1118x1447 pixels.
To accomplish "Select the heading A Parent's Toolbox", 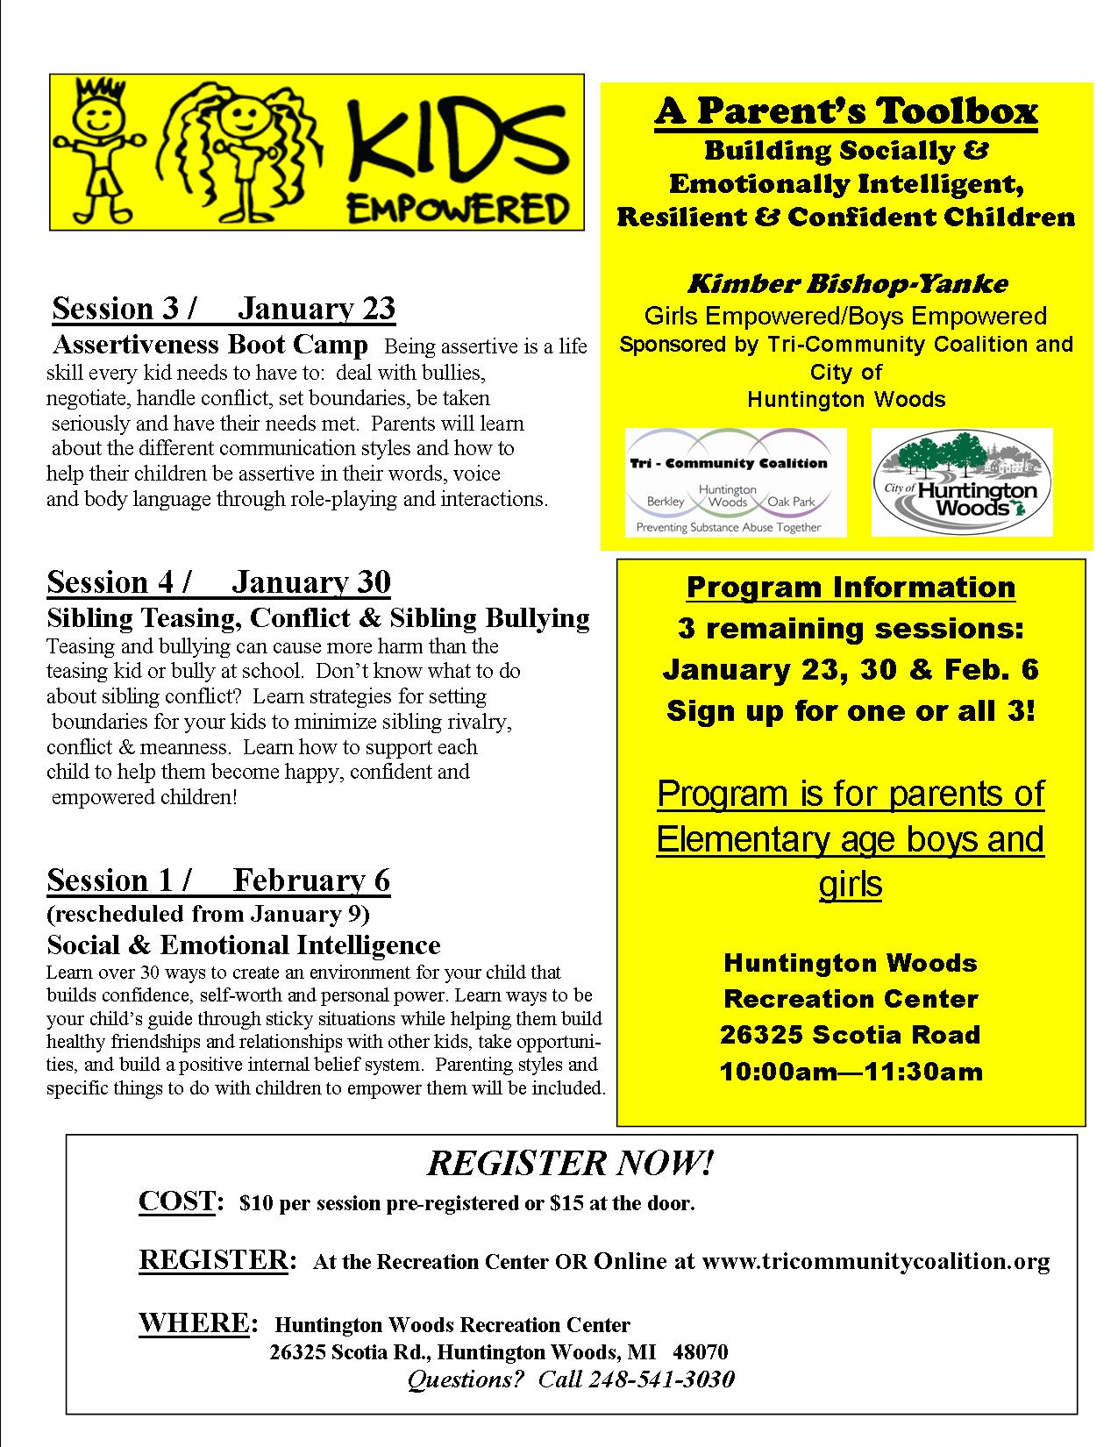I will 846,111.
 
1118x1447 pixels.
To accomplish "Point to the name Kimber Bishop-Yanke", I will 846,283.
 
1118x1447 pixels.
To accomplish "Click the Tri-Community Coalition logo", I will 736,482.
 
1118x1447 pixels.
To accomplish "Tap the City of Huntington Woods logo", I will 962,482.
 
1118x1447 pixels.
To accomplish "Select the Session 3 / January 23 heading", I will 224,309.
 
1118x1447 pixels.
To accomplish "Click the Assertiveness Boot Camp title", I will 210,345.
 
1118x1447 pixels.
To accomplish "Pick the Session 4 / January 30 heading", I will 218,581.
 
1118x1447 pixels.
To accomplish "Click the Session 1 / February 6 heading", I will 218,880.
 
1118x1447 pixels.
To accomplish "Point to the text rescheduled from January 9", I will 208,914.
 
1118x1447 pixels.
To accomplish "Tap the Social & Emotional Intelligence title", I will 243,944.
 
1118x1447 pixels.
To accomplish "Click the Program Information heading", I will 851,587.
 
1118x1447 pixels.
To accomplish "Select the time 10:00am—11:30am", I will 851,1071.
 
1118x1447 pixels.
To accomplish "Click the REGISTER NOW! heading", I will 570,1163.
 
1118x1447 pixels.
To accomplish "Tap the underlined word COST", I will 176,1201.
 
